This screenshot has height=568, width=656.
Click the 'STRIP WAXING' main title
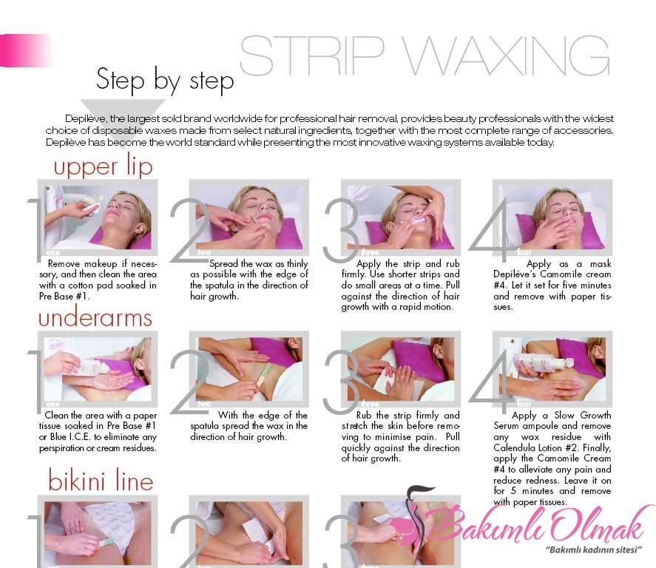(x=425, y=56)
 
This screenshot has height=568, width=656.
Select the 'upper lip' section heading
(x=103, y=166)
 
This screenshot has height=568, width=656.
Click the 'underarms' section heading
(x=95, y=318)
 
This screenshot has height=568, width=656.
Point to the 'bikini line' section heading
(x=101, y=479)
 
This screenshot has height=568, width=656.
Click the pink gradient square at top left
(x=25, y=50)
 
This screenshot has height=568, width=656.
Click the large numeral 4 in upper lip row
(x=490, y=229)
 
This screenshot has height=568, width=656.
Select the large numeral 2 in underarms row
(x=189, y=381)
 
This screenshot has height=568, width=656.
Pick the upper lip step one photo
(x=98, y=217)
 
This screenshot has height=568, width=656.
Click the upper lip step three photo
(x=401, y=217)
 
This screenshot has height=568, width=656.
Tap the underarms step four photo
(x=552, y=369)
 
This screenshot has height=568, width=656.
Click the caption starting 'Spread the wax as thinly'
(x=249, y=280)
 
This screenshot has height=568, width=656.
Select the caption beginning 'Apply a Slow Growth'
(x=552, y=459)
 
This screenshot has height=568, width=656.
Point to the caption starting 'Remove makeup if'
(x=98, y=280)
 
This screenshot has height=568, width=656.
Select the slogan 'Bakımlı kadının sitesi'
(x=594, y=550)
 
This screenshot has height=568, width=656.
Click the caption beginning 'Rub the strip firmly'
(x=400, y=436)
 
